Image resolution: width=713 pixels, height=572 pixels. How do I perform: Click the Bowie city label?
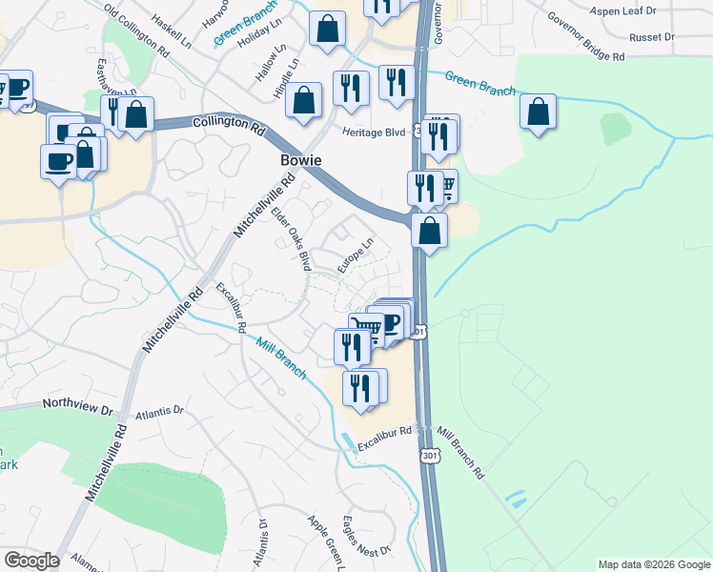tap(300, 159)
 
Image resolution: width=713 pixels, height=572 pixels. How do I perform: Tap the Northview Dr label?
tap(78, 405)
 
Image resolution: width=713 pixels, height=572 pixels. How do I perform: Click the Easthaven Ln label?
tap(98, 76)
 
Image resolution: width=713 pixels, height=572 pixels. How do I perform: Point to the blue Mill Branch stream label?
tap(284, 359)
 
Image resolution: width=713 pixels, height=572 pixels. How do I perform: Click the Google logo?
tap(31, 561)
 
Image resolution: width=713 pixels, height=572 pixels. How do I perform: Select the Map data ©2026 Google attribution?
tap(654, 564)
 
